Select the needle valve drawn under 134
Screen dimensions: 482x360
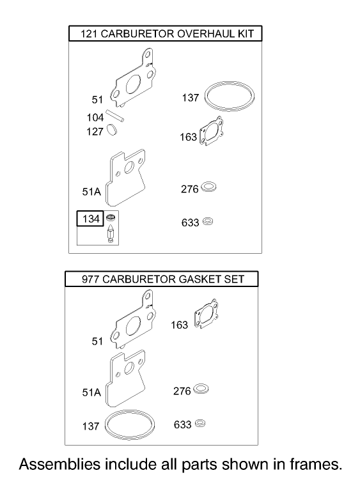click(111, 234)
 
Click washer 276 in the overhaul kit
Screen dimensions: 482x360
click(208, 188)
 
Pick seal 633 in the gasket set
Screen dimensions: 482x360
click(200, 423)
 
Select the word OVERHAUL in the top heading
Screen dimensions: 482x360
click(208, 34)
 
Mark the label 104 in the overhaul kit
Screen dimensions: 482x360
click(95, 118)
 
